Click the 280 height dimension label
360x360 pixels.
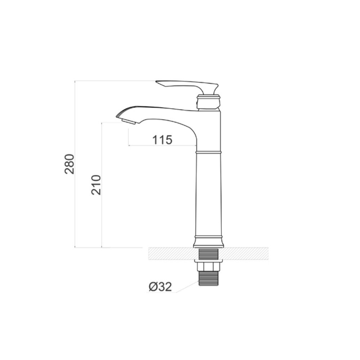pyautogui.click(x=69, y=164)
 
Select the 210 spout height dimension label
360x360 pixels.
pyautogui.click(x=96, y=185)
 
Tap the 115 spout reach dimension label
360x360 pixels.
pyautogui.click(x=162, y=140)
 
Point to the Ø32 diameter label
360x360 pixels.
pyautogui.click(x=160, y=287)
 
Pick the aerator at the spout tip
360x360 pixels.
pyautogui.click(x=129, y=122)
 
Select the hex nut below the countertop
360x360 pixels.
pyautogui.click(x=208, y=266)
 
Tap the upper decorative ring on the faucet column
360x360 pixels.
pyautogui.click(x=208, y=152)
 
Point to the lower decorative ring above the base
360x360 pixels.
pyautogui.click(x=208, y=237)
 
